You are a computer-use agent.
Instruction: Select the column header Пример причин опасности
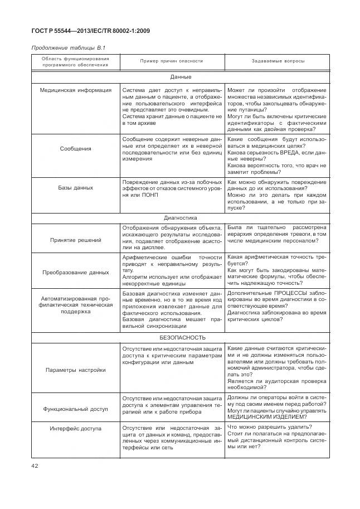(172, 61)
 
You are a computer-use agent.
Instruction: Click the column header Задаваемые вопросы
(278, 61)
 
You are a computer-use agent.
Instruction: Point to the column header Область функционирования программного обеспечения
(75, 61)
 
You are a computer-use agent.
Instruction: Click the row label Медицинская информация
(76, 90)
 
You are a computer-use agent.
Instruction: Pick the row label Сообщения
(75, 149)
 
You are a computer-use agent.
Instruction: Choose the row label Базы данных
(75, 188)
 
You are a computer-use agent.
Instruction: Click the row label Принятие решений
(76, 240)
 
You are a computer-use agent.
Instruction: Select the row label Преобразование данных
(76, 273)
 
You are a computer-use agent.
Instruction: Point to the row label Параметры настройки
(76, 370)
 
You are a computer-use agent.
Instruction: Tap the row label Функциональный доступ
(76, 409)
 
